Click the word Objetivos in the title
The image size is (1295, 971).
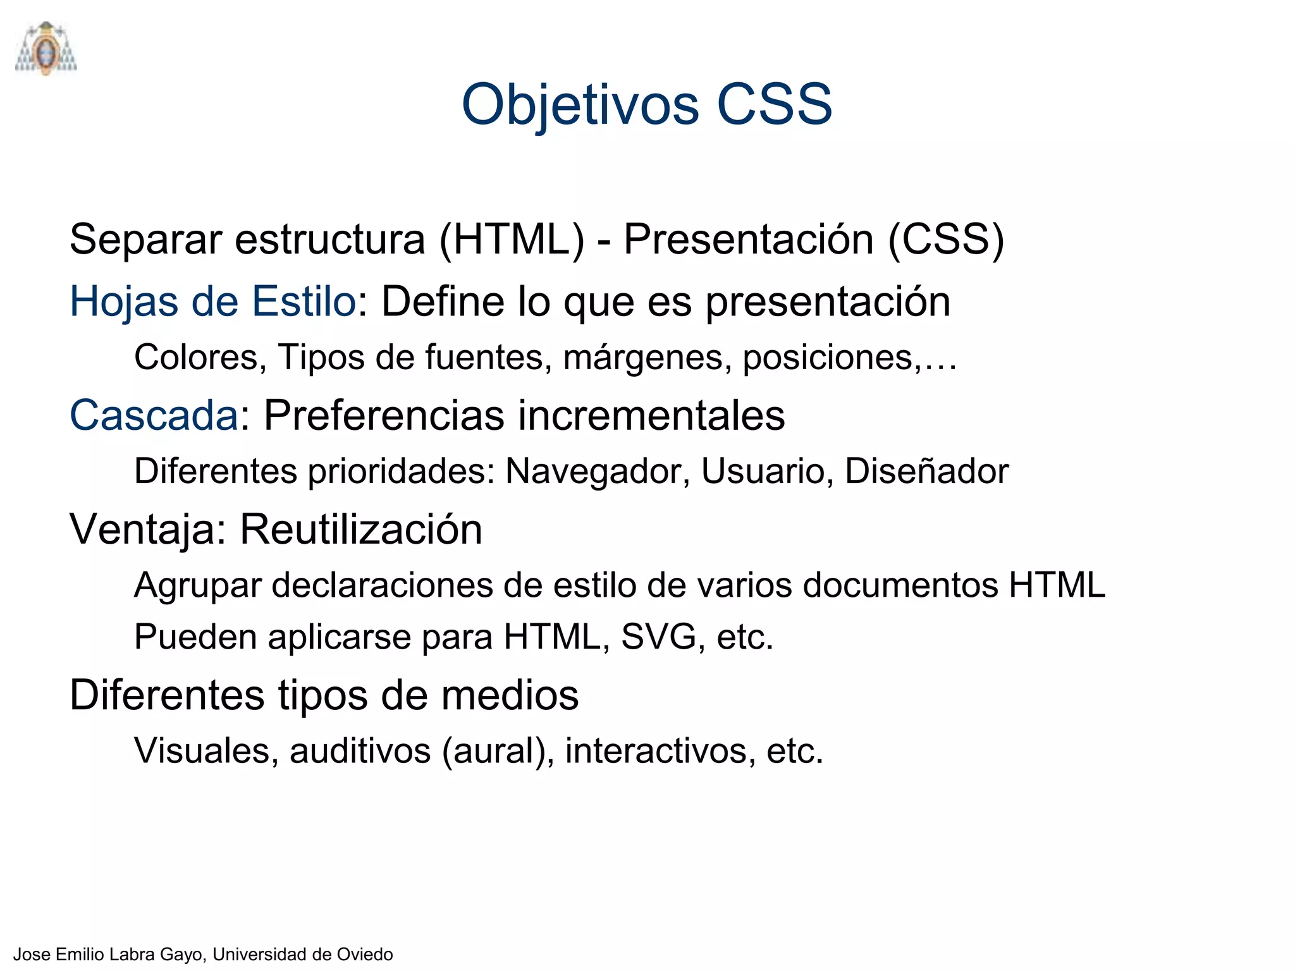(580, 105)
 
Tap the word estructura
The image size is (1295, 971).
(330, 240)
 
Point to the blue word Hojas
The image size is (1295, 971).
(124, 302)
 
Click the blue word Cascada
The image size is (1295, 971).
(154, 415)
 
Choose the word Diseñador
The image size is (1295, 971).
(926, 472)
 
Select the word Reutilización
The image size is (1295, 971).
(361, 530)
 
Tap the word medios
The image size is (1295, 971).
(510, 695)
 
